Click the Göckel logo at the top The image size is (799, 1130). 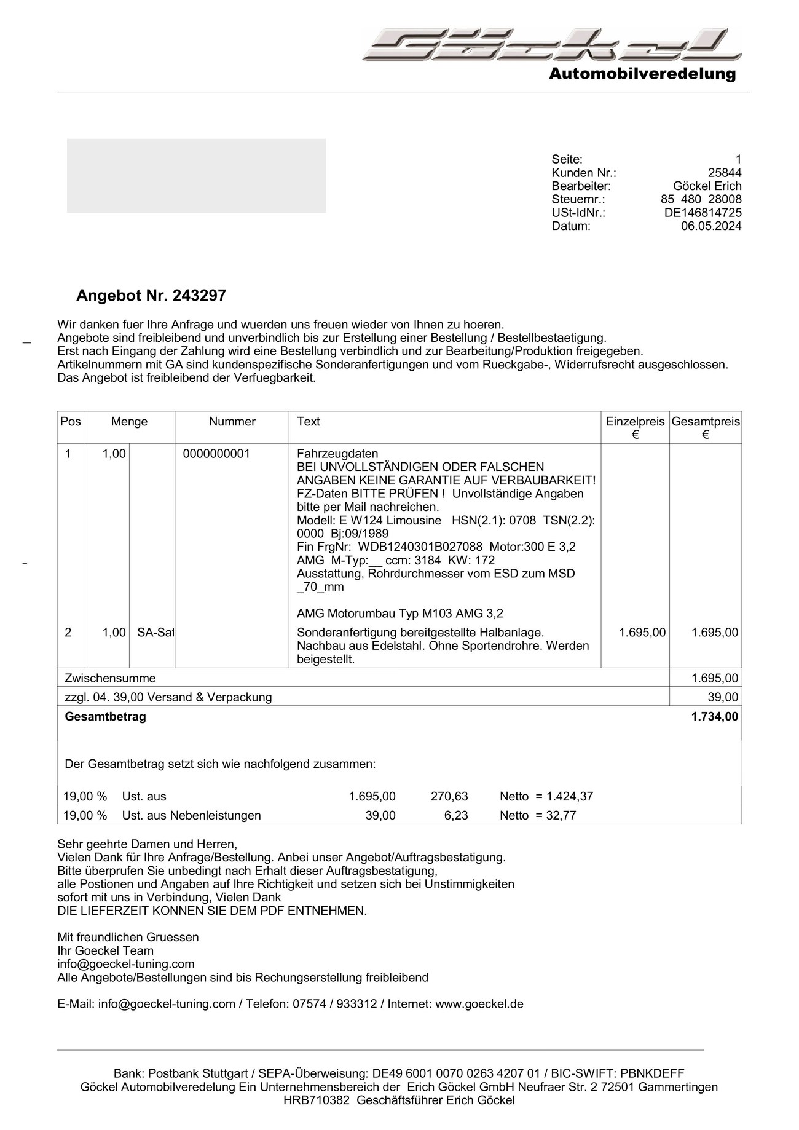pyautogui.click(x=552, y=44)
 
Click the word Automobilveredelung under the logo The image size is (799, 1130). pyautogui.click(x=642, y=74)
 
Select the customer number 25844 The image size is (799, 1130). pyautogui.click(x=725, y=173)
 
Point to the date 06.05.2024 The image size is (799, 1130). pyautogui.click(x=711, y=226)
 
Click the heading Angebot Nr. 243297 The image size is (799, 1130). pyautogui.click(x=151, y=296)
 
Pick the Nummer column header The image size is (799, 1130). pyautogui.click(x=232, y=422)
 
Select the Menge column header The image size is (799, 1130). pyautogui.click(x=129, y=422)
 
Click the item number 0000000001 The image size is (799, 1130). pyautogui.click(x=216, y=454)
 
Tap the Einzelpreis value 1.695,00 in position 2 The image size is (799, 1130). pyautogui.click(x=642, y=633)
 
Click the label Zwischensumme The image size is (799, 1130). pyautogui.click(x=110, y=678)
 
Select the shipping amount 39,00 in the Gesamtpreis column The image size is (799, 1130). pyautogui.click(x=723, y=697)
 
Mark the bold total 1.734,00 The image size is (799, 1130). pyautogui.click(x=715, y=717)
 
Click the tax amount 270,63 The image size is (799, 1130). pyautogui.click(x=449, y=797)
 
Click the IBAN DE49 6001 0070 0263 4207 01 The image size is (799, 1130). pyautogui.click(x=456, y=1073)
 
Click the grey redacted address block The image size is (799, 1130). pyautogui.click(x=196, y=176)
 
